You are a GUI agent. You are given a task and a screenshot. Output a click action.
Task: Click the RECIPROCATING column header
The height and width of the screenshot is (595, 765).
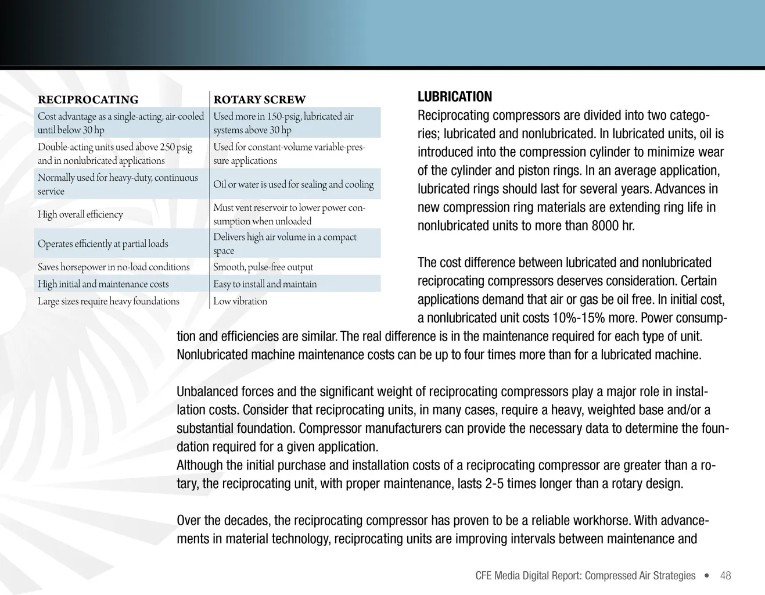click(88, 99)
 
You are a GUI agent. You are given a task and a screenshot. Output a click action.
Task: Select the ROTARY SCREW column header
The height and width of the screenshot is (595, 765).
click(259, 99)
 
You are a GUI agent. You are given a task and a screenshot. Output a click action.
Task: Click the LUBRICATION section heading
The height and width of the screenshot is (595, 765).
click(454, 96)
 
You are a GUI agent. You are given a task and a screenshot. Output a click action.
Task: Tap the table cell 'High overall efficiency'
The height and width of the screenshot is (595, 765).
click(80, 214)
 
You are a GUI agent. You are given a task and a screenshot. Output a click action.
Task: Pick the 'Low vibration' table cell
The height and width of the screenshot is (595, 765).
click(240, 301)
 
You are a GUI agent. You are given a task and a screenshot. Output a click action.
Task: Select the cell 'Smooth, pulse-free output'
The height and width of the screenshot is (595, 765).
click(263, 267)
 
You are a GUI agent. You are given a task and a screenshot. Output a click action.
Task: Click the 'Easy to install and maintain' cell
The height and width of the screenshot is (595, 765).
click(265, 284)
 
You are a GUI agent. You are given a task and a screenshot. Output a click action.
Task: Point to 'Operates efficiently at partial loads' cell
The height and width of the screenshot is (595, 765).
click(103, 244)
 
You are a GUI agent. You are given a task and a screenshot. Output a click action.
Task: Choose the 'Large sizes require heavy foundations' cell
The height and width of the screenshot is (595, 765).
click(109, 301)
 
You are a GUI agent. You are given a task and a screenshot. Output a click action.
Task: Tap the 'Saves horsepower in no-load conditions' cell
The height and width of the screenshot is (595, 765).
click(114, 267)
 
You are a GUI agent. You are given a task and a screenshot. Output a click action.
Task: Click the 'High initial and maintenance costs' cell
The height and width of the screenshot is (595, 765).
click(103, 284)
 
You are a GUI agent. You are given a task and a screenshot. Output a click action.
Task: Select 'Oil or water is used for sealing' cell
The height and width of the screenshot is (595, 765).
click(293, 184)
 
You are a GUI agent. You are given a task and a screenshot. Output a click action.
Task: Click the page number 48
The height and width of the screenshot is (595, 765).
click(726, 575)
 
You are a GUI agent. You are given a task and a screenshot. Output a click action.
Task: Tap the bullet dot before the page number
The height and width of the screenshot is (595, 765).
click(706, 575)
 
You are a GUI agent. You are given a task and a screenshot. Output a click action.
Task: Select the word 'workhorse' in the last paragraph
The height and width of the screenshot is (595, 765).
click(601, 520)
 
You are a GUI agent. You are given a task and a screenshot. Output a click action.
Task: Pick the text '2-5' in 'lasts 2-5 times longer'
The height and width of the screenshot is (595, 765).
click(494, 483)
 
